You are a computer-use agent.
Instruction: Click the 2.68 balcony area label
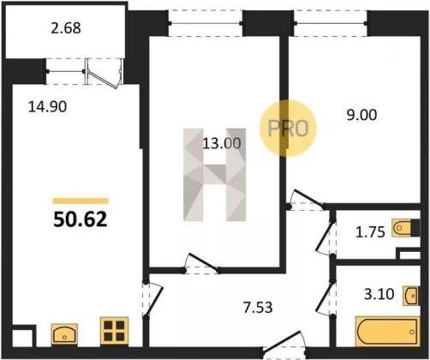tap(66, 28)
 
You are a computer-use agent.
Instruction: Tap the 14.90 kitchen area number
tap(47, 107)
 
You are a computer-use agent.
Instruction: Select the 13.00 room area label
tap(222, 143)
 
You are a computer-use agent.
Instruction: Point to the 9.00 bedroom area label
tap(361, 115)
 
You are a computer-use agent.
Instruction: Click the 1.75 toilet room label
tap(370, 232)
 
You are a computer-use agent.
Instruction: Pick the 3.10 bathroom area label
tap(379, 294)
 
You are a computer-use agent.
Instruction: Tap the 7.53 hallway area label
tap(258, 308)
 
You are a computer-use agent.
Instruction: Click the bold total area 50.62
tap(81, 219)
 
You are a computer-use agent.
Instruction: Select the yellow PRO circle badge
tap(288, 128)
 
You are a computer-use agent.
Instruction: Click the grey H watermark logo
tap(215, 175)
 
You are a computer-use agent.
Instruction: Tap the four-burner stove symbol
tap(114, 331)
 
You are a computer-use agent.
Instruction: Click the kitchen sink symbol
tap(64, 333)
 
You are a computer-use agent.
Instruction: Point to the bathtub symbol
tap(388, 332)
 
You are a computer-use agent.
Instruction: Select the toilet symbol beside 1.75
tap(402, 228)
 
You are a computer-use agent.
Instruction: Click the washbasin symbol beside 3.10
tap(411, 296)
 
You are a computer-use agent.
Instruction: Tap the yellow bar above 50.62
tap(81, 201)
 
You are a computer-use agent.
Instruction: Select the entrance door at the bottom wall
tap(284, 345)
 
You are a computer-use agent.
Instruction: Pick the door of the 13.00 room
tap(201, 264)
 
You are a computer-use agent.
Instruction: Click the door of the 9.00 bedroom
tap(307, 200)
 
